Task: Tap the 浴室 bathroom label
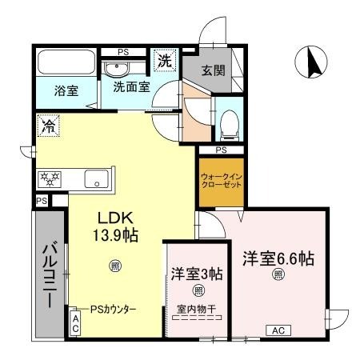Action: [x=66, y=90]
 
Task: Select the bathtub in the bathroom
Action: [x=66, y=62]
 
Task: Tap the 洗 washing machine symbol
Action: [x=164, y=60]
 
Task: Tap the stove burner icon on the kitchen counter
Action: [x=47, y=178]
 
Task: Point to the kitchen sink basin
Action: [x=97, y=179]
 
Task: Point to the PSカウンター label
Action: [x=113, y=309]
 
